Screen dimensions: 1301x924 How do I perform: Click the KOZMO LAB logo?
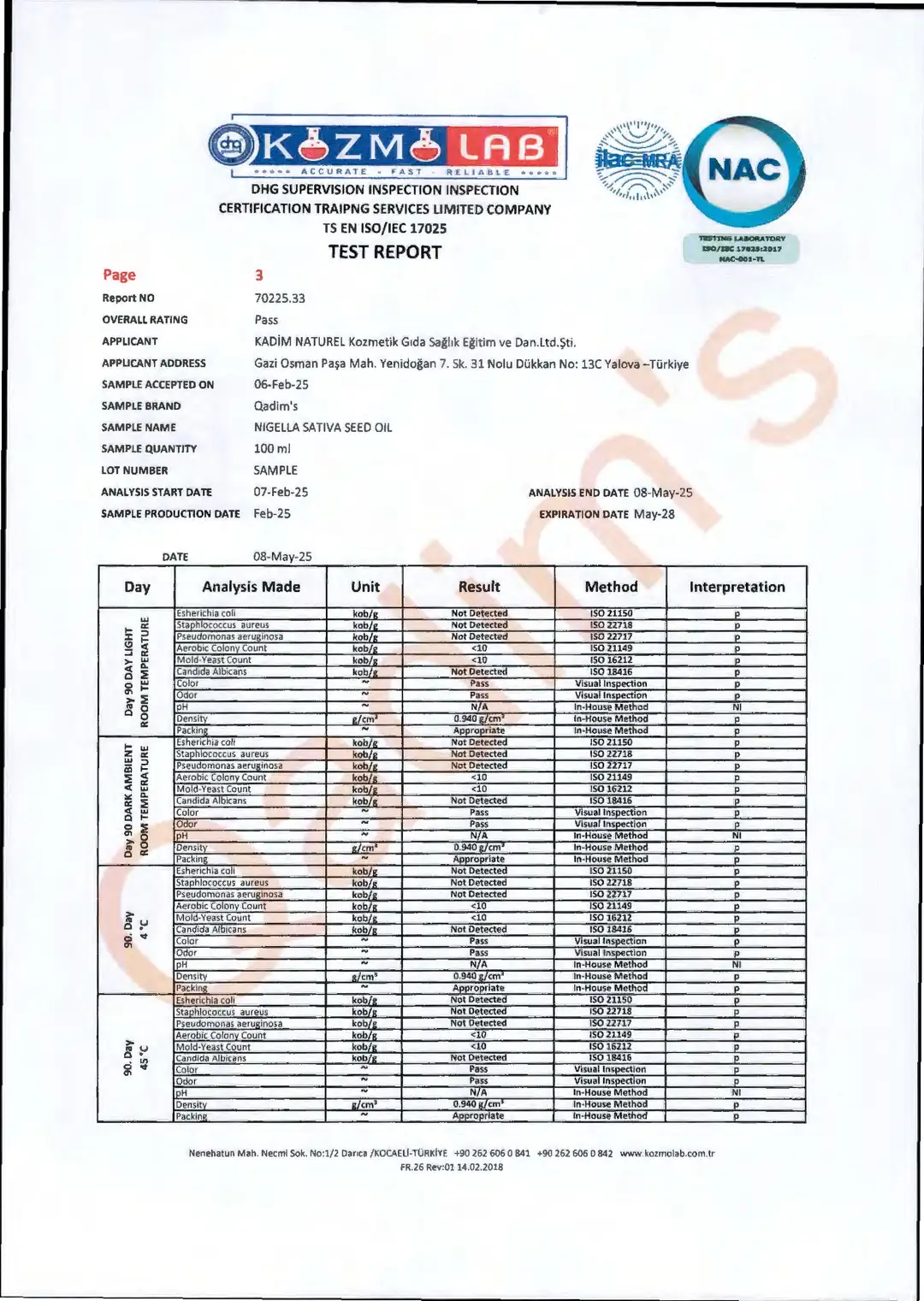click(387, 147)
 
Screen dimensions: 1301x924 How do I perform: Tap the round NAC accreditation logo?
click(744, 170)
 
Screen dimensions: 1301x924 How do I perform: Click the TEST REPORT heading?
click(385, 252)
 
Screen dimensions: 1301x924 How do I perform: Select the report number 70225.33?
click(280, 299)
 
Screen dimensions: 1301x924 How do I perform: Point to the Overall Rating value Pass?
click(266, 320)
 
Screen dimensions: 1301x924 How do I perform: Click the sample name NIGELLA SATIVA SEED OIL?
click(323, 428)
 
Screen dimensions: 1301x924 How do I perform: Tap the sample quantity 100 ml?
click(272, 449)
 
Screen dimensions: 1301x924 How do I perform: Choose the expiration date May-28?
click(654, 514)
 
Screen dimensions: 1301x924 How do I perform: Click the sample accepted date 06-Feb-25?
click(281, 385)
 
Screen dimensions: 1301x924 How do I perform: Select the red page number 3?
click(259, 275)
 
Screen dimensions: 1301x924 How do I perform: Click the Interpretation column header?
click(737, 587)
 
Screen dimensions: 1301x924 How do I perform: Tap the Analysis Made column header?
click(251, 587)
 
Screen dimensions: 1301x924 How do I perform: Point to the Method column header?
click(611, 587)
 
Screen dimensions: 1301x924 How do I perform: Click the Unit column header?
click(364, 587)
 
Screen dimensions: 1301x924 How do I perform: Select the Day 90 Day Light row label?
click(136, 672)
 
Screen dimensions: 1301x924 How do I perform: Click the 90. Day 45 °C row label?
click(136, 1058)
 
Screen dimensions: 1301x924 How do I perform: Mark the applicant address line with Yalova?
click(471, 364)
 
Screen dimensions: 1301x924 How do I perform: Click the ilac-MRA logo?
click(637, 161)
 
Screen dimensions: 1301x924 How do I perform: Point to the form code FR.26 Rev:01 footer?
click(452, 1167)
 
